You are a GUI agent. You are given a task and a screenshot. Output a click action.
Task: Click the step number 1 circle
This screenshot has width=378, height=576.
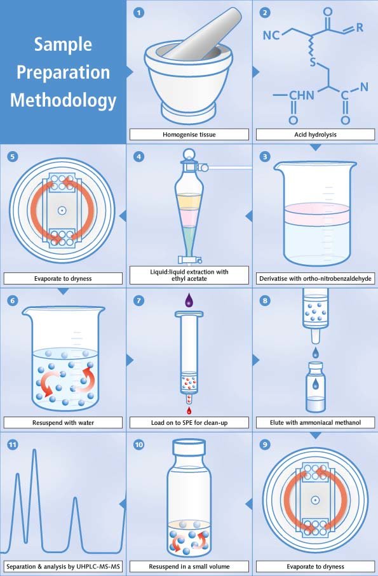(138, 13)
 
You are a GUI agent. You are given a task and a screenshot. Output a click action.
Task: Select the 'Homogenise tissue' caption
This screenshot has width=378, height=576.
(189, 135)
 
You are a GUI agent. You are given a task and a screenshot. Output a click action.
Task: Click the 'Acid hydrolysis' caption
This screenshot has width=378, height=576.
(315, 135)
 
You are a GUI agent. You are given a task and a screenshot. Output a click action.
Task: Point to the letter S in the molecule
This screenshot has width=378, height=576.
(313, 62)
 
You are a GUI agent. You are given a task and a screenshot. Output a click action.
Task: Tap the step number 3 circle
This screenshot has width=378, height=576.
(265, 157)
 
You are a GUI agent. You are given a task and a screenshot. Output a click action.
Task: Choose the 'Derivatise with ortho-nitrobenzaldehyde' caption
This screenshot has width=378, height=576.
(315, 278)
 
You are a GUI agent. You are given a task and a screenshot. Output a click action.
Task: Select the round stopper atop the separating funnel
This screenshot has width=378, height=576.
(189, 154)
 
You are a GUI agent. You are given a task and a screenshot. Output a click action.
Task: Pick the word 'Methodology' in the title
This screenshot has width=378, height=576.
(63, 100)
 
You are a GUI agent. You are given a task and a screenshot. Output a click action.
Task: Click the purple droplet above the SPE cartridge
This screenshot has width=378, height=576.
(189, 300)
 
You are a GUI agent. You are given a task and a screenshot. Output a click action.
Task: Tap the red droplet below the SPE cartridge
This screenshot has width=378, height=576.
(189, 410)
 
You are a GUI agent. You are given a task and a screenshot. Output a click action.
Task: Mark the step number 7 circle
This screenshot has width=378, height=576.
(138, 301)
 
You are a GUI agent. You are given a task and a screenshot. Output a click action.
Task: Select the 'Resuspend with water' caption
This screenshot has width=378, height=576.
(63, 422)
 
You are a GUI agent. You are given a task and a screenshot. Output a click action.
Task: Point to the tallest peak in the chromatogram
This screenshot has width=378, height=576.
(34, 450)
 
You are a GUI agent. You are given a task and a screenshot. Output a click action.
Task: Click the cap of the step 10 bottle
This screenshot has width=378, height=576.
(189, 448)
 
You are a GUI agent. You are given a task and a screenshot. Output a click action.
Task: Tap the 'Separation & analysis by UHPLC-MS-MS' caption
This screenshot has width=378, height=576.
(63, 566)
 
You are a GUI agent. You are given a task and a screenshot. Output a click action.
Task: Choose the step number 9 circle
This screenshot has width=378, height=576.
(265, 445)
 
